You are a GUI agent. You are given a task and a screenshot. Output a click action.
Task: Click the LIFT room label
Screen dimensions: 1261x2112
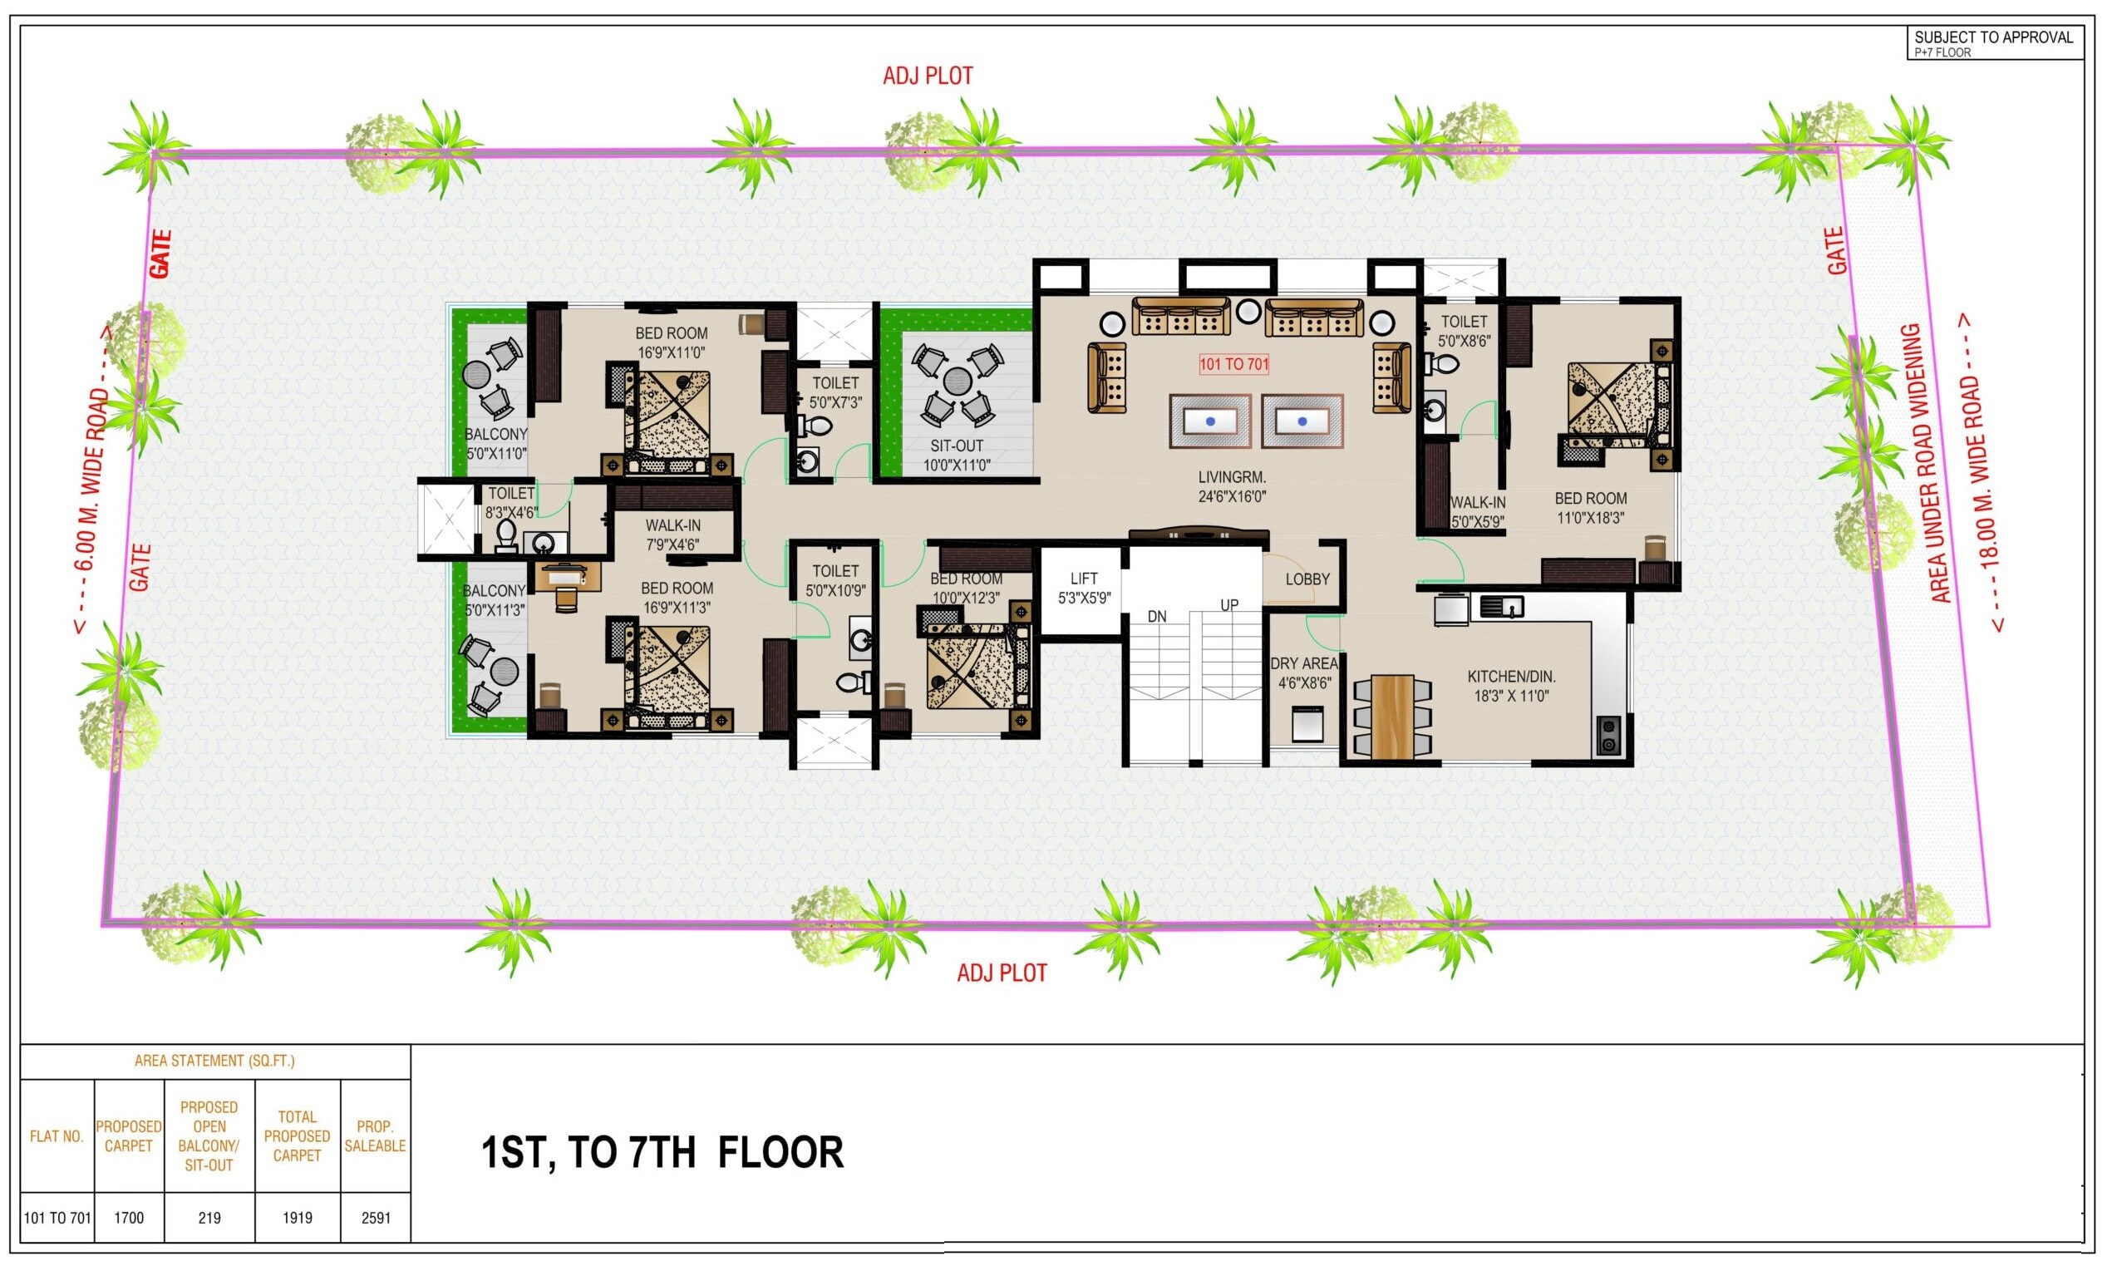pos(1084,587)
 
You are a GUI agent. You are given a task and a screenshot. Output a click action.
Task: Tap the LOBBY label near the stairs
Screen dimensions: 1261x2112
pos(1307,579)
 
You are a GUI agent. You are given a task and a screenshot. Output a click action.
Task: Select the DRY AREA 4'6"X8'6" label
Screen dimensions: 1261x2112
pos(1303,672)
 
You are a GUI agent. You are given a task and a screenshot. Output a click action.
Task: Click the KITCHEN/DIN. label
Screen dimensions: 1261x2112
pos(1511,686)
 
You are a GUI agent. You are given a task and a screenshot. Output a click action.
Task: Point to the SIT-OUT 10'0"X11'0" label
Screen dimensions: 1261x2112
pos(957,455)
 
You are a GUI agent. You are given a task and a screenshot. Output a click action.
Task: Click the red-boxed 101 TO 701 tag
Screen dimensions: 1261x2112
pos(1233,365)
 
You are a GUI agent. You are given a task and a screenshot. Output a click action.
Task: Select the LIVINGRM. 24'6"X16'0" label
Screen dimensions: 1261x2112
pos(1232,488)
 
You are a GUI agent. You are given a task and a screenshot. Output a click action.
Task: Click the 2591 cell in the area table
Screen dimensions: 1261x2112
pos(376,1218)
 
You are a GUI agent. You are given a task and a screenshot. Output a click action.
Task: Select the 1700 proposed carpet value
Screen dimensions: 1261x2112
pos(128,1218)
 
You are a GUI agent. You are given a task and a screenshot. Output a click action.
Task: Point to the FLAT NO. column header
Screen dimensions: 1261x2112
pos(57,1136)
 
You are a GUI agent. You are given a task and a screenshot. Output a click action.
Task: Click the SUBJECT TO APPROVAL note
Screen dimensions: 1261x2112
pos(1993,37)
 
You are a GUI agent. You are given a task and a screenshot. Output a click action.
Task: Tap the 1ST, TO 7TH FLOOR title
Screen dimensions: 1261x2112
pos(662,1153)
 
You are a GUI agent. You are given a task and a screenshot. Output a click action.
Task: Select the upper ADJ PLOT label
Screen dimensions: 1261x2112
pos(928,76)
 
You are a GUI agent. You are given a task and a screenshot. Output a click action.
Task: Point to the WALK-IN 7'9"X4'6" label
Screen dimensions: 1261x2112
pos(673,534)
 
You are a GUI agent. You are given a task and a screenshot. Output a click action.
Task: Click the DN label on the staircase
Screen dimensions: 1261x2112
pos(1156,617)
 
